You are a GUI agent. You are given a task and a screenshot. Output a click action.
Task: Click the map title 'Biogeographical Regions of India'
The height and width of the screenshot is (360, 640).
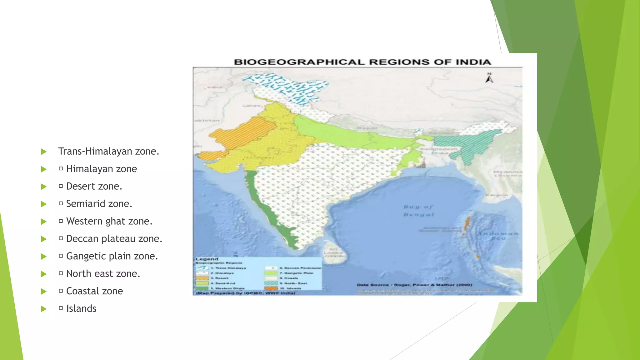[x=362, y=62]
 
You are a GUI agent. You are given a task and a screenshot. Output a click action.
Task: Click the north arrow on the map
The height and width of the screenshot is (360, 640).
[x=489, y=78]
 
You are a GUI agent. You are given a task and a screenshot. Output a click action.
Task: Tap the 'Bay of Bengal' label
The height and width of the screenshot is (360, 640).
[x=418, y=211]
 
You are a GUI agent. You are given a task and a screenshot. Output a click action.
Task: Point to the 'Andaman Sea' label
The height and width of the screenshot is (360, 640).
[x=497, y=236]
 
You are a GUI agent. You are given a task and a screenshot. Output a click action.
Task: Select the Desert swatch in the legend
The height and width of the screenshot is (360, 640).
[x=202, y=278]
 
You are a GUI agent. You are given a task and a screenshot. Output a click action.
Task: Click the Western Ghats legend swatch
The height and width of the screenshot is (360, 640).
[x=202, y=288]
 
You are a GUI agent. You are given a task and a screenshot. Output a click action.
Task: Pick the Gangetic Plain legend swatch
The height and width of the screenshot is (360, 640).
[x=271, y=273]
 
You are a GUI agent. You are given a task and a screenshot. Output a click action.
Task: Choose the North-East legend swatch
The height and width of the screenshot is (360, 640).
[x=271, y=283]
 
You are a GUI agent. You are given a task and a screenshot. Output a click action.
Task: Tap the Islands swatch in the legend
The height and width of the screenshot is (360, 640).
[x=271, y=288]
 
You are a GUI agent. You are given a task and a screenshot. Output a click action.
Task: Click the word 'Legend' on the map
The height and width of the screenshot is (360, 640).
[x=207, y=259]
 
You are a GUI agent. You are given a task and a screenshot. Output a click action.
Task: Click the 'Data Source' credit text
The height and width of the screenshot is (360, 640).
[x=414, y=285]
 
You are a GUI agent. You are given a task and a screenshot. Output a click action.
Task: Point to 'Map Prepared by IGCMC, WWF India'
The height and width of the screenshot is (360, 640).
[x=246, y=293]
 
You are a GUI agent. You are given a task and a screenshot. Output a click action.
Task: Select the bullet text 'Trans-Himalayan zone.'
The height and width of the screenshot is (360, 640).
[x=108, y=151]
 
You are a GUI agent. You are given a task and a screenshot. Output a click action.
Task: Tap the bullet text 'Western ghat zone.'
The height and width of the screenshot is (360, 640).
[x=109, y=221]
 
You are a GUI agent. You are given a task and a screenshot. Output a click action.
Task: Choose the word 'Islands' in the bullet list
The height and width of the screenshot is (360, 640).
[x=81, y=308]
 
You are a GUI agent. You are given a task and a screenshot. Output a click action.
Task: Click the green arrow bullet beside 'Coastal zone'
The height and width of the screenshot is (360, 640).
[x=44, y=291]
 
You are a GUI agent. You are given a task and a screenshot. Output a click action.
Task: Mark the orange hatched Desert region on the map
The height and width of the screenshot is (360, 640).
[x=241, y=134]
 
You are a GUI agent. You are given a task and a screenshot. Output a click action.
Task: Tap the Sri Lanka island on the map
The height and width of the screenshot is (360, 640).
[x=333, y=250]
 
